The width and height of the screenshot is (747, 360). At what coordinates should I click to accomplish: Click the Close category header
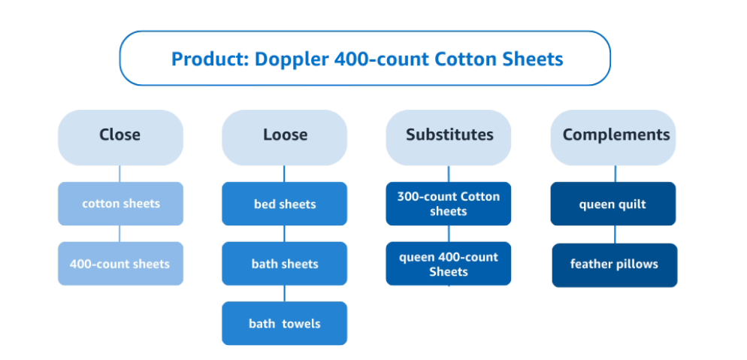click(x=120, y=138)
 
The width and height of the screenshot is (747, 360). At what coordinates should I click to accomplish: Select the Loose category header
click(x=284, y=138)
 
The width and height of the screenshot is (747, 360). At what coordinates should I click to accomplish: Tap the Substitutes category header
click(x=449, y=138)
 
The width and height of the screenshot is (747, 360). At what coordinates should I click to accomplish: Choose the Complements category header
click(x=613, y=138)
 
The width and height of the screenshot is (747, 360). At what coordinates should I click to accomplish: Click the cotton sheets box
click(x=120, y=204)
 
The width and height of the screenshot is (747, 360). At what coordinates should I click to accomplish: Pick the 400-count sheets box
click(x=120, y=264)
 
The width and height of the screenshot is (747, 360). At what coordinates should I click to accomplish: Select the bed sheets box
click(x=284, y=204)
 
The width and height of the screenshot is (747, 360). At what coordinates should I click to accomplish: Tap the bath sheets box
click(x=284, y=264)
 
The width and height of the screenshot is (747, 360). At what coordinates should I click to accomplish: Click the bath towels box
click(x=284, y=323)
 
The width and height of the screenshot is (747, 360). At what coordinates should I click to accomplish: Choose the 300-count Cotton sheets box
click(x=449, y=204)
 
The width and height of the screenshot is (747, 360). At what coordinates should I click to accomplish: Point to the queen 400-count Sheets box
click(x=449, y=264)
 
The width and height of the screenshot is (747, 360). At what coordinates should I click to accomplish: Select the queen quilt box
click(x=613, y=204)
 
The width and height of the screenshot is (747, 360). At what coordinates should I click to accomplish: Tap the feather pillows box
click(x=615, y=265)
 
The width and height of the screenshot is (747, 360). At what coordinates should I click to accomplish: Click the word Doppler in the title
click(x=292, y=59)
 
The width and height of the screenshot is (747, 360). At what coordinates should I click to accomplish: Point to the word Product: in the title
click(x=210, y=59)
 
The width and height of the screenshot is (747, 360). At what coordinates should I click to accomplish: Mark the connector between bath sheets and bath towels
click(x=284, y=293)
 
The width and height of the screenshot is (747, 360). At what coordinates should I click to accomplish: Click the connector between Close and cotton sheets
click(x=119, y=174)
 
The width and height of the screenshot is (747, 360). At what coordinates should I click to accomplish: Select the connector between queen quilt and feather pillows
click(x=615, y=234)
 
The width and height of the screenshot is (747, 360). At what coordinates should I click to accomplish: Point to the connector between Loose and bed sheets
click(x=284, y=174)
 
